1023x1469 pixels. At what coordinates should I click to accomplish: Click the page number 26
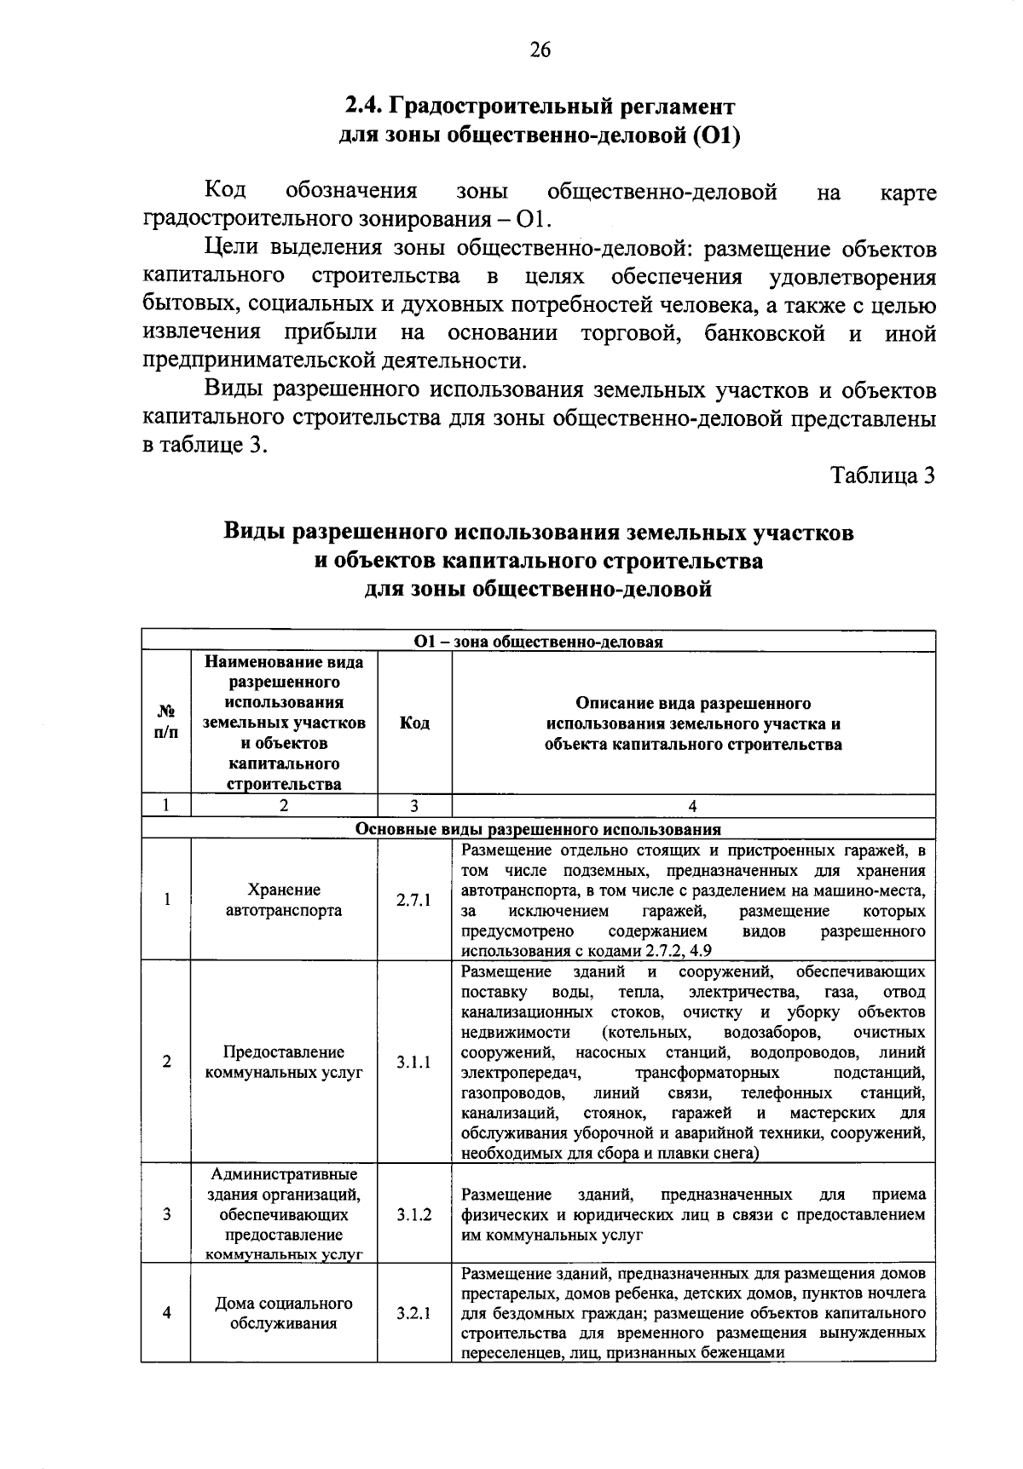click(540, 50)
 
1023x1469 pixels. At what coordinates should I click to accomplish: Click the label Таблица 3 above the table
click(883, 475)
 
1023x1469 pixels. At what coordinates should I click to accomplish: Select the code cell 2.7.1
click(413, 900)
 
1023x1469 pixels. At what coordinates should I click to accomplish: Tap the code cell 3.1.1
click(413, 1062)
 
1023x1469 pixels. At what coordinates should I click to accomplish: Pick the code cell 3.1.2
click(413, 1214)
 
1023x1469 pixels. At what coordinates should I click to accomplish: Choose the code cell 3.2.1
click(413, 1313)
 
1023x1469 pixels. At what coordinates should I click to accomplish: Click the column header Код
click(414, 723)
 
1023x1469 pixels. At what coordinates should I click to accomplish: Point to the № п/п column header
click(166, 723)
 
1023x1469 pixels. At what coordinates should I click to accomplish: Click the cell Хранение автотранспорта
click(284, 900)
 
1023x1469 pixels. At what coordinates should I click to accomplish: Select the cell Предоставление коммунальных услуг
click(284, 1062)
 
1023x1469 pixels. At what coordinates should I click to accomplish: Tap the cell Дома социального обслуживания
click(284, 1313)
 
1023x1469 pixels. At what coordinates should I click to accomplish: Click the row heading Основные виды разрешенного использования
click(538, 829)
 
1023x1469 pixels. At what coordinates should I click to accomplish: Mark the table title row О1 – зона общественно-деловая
click(538, 642)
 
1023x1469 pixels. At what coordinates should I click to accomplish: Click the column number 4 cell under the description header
click(692, 806)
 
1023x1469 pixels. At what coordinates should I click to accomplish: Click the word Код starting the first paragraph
click(226, 192)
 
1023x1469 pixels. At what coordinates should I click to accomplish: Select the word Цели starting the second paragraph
click(233, 249)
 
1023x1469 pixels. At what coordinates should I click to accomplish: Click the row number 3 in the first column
click(166, 1214)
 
